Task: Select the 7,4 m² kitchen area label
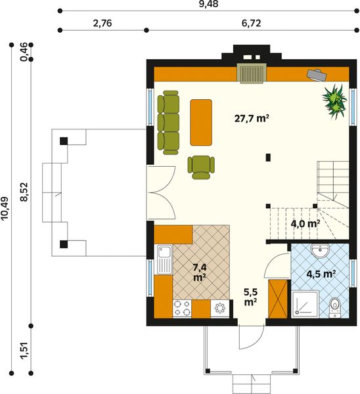pyautogui.click(x=200, y=272)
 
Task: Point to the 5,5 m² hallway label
pyautogui.click(x=250, y=297)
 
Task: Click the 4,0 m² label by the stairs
pyautogui.click(x=305, y=223)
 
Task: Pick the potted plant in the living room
pyautogui.click(x=335, y=100)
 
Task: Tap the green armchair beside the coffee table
pyautogui.click(x=202, y=166)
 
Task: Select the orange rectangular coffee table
pyautogui.click(x=201, y=121)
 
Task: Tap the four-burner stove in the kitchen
pyautogui.click(x=182, y=307)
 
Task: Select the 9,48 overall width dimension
pyautogui.click(x=208, y=4)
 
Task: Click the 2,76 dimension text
pyautogui.click(x=102, y=23)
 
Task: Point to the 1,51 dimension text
pyautogui.click(x=24, y=350)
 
